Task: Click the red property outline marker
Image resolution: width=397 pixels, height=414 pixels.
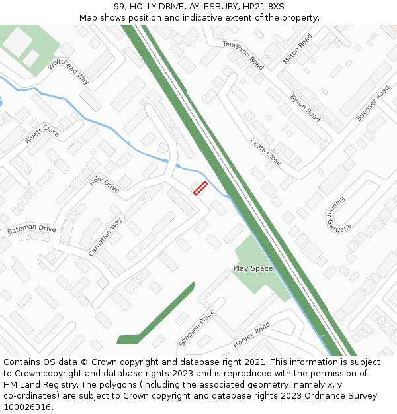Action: click(x=200, y=188)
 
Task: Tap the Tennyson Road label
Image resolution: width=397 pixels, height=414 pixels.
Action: click(x=243, y=55)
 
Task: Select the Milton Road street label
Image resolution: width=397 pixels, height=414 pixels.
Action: click(x=297, y=49)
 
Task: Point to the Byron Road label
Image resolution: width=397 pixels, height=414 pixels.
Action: click(x=305, y=107)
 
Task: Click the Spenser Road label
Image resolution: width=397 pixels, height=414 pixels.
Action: click(x=373, y=103)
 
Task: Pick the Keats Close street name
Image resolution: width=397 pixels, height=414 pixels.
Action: click(x=266, y=152)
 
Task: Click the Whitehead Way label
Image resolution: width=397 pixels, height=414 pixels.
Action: click(x=68, y=70)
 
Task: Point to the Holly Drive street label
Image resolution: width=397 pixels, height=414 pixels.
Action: click(x=105, y=182)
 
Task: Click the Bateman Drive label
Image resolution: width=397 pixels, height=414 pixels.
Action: click(x=32, y=230)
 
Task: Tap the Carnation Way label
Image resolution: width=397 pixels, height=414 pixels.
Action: click(x=106, y=236)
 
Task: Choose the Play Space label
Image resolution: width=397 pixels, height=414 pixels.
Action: click(x=253, y=268)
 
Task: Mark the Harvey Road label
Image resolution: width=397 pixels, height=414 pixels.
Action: click(x=251, y=335)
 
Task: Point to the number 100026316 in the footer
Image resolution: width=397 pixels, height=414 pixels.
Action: click(x=27, y=407)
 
